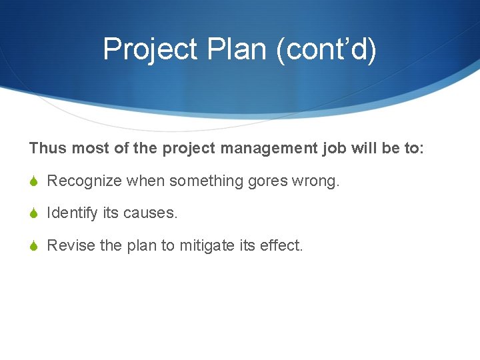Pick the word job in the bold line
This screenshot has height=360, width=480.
[x=331, y=148]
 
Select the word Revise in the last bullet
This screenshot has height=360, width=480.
[x=71, y=245]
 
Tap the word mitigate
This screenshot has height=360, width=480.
[x=207, y=245]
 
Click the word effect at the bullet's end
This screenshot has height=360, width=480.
[x=281, y=245]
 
